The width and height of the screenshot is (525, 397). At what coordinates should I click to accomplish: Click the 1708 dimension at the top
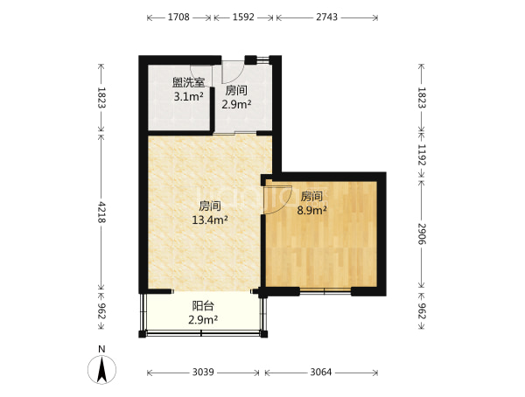tap(178, 17)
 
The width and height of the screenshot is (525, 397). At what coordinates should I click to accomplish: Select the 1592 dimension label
tap(243, 17)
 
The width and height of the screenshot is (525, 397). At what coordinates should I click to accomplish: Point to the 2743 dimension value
tap(326, 17)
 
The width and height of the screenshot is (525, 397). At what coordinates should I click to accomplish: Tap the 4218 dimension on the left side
tap(101, 212)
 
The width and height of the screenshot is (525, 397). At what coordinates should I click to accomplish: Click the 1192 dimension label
tap(421, 155)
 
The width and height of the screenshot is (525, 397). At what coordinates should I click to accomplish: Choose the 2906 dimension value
tap(421, 234)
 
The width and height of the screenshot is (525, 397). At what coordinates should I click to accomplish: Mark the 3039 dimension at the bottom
tap(203, 372)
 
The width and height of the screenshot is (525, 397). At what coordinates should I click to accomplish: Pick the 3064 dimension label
tap(321, 372)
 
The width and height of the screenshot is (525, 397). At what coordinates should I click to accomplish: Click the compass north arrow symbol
tap(101, 369)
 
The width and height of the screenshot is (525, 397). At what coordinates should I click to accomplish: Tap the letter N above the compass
tap(101, 349)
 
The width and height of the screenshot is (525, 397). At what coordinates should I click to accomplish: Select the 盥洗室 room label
tap(188, 82)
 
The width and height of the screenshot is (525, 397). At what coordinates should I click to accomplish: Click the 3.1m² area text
tap(188, 97)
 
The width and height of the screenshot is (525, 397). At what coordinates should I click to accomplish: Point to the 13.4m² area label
tap(210, 219)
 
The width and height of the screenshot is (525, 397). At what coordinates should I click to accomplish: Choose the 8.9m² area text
tap(312, 210)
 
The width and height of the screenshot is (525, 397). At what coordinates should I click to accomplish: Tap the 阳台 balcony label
tap(203, 305)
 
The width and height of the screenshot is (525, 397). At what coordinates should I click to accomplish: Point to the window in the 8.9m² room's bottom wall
tap(325, 291)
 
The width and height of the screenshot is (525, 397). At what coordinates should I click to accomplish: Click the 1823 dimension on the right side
tap(421, 98)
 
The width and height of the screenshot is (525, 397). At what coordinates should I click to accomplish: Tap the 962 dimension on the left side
tap(101, 311)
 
